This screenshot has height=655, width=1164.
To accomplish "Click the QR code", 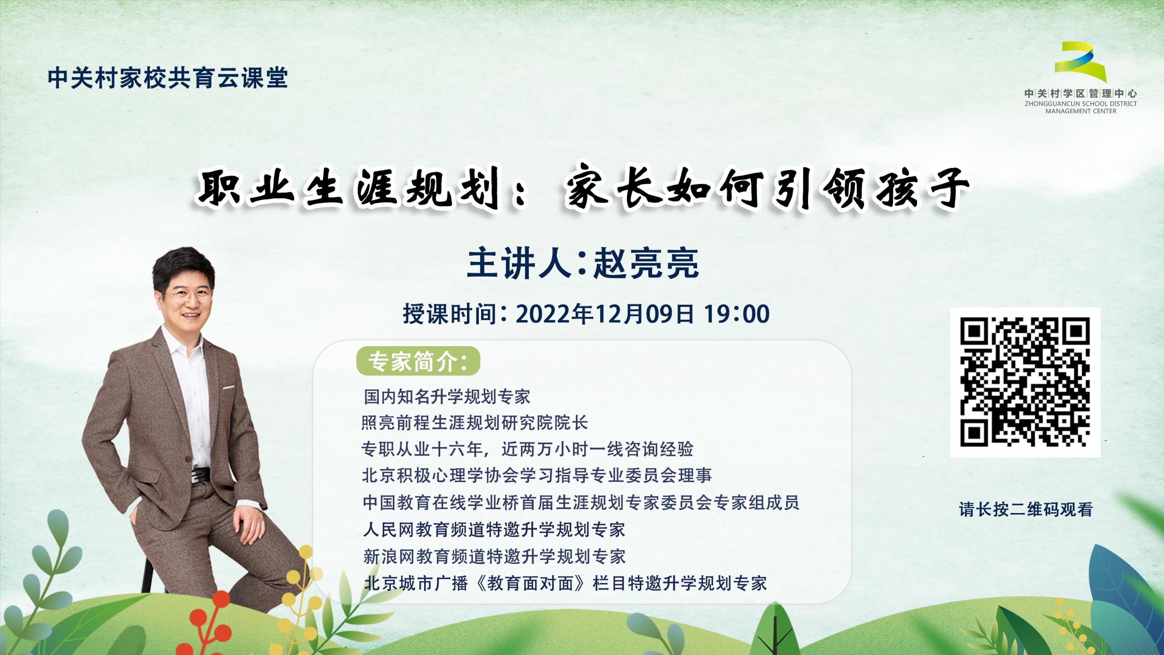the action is [1025, 382].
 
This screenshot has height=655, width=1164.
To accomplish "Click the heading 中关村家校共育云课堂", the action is [168, 78].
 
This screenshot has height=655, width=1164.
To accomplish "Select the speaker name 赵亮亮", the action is [646, 264].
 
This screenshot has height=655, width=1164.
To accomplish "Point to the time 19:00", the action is [737, 314].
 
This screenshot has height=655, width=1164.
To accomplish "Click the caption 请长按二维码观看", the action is [1026, 509].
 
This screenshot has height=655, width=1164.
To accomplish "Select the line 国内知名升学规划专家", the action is [447, 397].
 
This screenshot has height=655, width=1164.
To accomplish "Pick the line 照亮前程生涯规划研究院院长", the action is [475, 423].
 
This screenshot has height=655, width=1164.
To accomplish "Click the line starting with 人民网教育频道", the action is [494, 529].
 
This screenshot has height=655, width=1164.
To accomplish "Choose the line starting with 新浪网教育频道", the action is [495, 556].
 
